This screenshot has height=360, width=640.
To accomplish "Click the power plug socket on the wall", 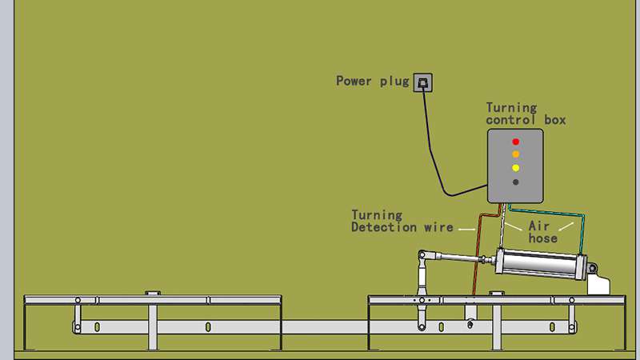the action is pyautogui.click(x=423, y=82).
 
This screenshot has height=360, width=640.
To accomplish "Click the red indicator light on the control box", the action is pyautogui.click(x=515, y=142).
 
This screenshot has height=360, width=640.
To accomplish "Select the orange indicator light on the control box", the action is pyautogui.click(x=515, y=154).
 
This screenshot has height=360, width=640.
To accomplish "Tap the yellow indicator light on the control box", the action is pyautogui.click(x=515, y=168).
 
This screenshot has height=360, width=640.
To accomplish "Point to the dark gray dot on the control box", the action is pyautogui.click(x=515, y=182).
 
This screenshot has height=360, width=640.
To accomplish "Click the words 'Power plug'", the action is pyautogui.click(x=372, y=82).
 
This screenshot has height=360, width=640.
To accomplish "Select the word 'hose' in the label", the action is pyautogui.click(x=543, y=238).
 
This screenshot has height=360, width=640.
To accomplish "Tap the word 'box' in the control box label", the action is pyautogui.click(x=555, y=120).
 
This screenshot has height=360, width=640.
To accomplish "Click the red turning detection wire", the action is pyautogui.click(x=478, y=245).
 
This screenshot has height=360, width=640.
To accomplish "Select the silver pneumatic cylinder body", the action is pyautogui.click(x=541, y=265).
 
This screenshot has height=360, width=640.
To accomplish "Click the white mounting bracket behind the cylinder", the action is pyautogui.click(x=598, y=285).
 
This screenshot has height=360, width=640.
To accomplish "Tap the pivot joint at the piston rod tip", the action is pyautogui.click(x=422, y=255).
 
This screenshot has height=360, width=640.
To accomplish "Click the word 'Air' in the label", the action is pyautogui.click(x=538, y=226).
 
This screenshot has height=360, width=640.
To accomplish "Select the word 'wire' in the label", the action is pyautogui.click(x=438, y=227).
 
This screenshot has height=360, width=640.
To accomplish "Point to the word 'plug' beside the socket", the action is pyautogui.click(x=394, y=82).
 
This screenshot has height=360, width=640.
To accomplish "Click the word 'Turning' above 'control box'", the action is pyautogui.click(x=511, y=108).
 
